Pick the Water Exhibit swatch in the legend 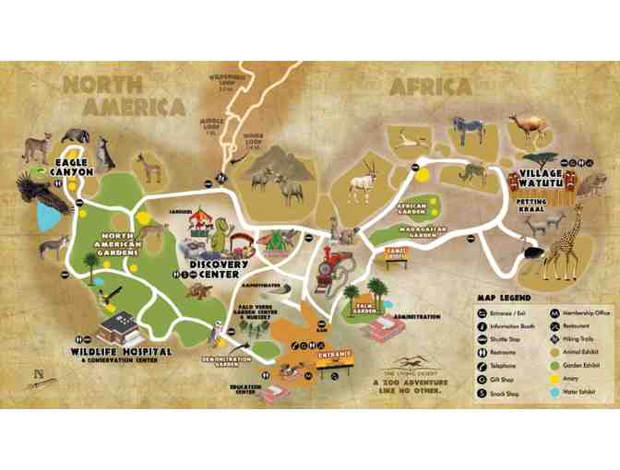[554, 393]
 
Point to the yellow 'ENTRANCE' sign [337, 355]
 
